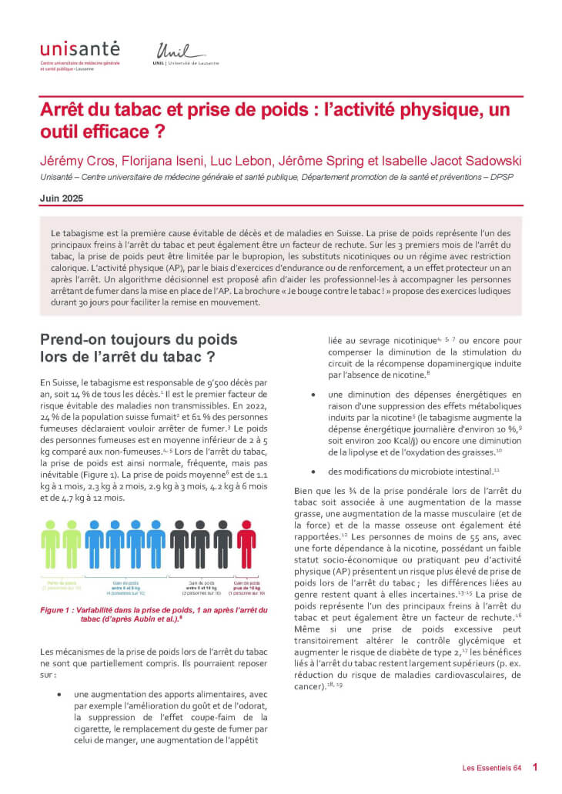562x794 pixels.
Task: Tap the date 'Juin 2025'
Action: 62,198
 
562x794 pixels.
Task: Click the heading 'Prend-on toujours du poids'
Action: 139,339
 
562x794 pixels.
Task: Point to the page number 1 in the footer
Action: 534,766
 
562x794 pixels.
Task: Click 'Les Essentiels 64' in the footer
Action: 492,767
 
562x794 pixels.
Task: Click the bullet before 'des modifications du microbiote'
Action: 314,470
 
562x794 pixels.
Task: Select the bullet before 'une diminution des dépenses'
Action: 314,395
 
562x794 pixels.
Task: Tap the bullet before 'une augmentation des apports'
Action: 60,693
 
